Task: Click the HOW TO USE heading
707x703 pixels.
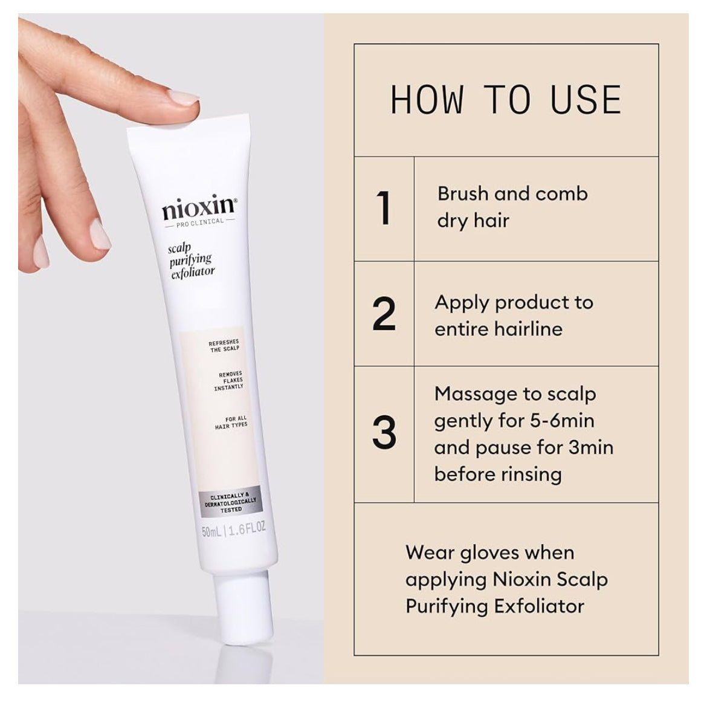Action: [x=506, y=100]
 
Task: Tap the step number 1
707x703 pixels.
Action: [x=384, y=208]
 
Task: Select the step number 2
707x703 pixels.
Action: [x=384, y=314]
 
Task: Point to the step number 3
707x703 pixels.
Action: [x=384, y=433]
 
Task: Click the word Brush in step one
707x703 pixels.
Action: [x=462, y=193]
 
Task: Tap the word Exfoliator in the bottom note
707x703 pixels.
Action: [x=540, y=606]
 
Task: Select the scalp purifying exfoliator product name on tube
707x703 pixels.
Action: [x=192, y=261]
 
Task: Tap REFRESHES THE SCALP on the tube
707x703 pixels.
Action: [x=224, y=346]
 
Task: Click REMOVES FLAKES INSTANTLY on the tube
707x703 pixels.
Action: [x=229, y=381]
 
